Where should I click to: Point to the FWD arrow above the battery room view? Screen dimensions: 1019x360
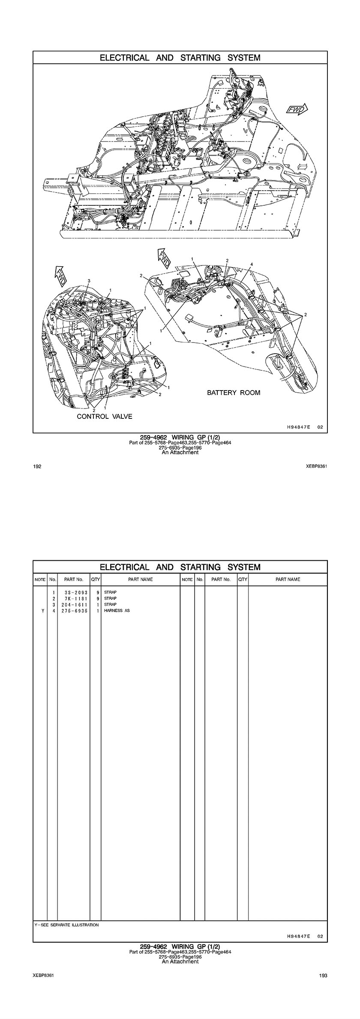click(x=164, y=257)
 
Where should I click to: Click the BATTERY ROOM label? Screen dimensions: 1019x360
click(x=234, y=392)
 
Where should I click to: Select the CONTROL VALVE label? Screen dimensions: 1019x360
click(x=105, y=416)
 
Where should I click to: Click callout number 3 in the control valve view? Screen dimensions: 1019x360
click(x=89, y=281)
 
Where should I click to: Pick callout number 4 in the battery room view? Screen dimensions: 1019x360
click(x=252, y=264)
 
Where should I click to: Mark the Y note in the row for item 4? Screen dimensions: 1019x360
click(x=42, y=610)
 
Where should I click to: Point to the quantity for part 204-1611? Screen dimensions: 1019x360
click(x=98, y=604)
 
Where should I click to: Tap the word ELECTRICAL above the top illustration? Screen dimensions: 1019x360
click(x=125, y=57)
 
